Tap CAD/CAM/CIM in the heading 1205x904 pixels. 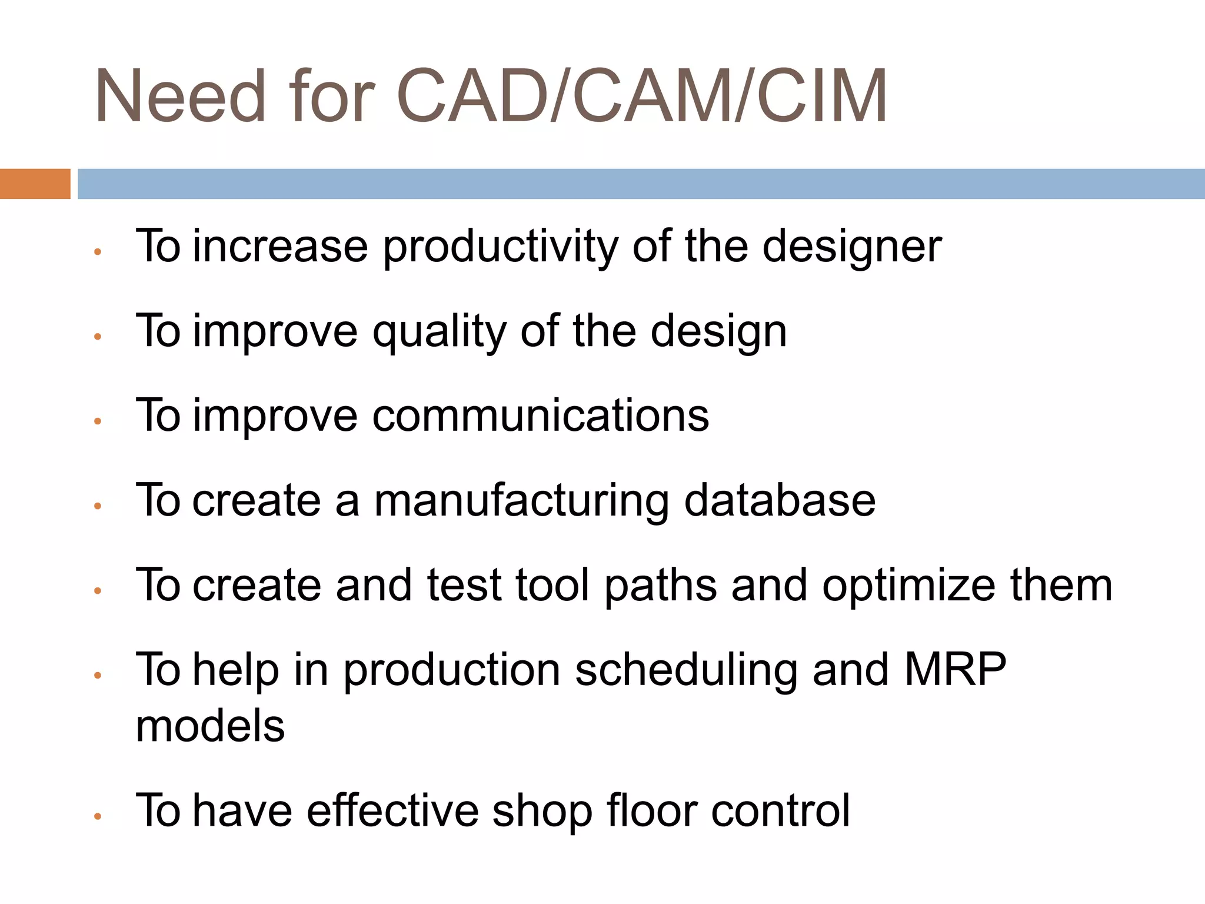(642, 97)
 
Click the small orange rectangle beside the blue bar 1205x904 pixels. (35, 184)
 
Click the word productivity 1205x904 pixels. (500, 247)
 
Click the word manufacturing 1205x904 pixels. (521, 501)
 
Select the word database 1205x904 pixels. (780, 501)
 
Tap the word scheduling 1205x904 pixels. (686, 671)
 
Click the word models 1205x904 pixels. (210, 726)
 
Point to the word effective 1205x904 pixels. (392, 811)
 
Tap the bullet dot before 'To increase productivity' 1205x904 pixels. (98, 252)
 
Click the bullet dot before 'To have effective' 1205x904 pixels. (98, 816)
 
